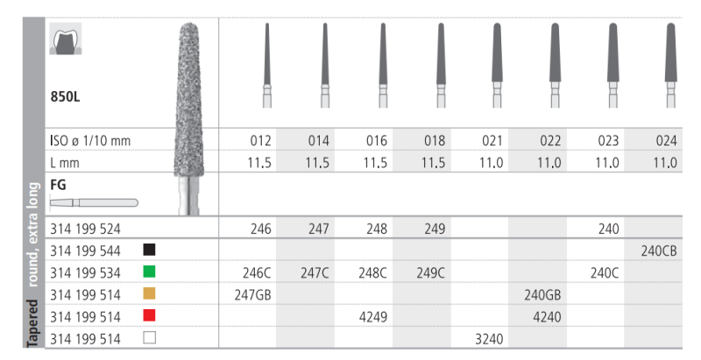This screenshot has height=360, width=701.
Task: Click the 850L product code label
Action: point(65,96)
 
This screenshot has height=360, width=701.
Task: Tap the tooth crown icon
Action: point(66,39)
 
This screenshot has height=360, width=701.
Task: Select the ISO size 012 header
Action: point(260,141)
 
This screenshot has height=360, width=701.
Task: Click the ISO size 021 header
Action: point(492,141)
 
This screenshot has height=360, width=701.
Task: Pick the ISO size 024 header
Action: point(666,141)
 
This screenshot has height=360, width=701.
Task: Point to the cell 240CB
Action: point(659,251)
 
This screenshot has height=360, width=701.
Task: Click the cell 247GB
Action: point(252,295)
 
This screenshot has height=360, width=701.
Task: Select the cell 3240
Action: point(489,339)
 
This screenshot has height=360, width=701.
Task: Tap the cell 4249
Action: point(373,317)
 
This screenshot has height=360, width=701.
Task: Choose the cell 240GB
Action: point(542,295)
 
